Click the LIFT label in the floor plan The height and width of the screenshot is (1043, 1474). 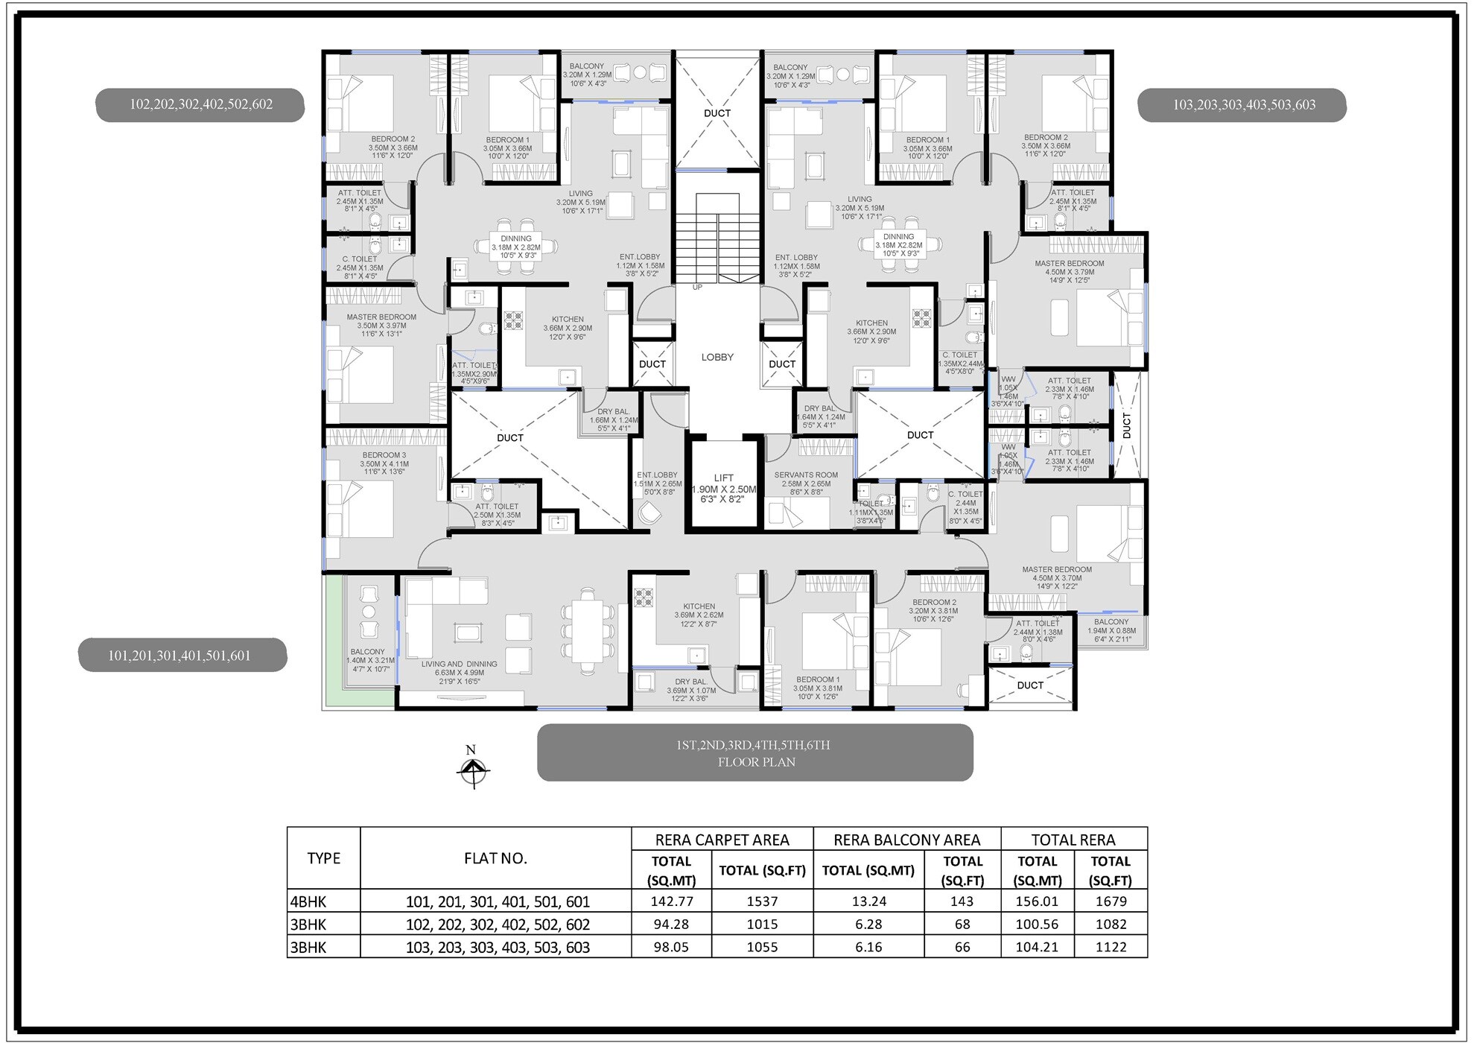pyautogui.click(x=723, y=478)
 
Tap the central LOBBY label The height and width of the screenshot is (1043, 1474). pyautogui.click(x=717, y=358)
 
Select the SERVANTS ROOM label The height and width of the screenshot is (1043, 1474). pyautogui.click(x=805, y=475)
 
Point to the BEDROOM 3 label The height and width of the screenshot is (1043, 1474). pyautogui.click(x=384, y=455)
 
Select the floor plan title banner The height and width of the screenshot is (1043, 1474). pyautogui.click(x=755, y=753)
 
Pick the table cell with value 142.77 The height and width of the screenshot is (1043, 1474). pyautogui.click(x=671, y=901)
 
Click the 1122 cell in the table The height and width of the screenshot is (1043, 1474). pyautogui.click(x=1110, y=948)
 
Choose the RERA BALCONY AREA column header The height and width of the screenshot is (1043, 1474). pyautogui.click(x=906, y=840)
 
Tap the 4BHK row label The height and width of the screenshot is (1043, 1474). pyautogui.click(x=309, y=901)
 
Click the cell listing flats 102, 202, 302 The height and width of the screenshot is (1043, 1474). pyautogui.click(x=497, y=925)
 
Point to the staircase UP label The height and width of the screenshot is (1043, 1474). pyautogui.click(x=697, y=288)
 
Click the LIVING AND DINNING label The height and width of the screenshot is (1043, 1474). pyautogui.click(x=459, y=665)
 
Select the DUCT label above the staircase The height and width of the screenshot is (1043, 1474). pyautogui.click(x=717, y=113)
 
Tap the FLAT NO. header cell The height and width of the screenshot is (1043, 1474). pyautogui.click(x=495, y=858)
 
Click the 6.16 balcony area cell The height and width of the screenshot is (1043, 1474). pyautogui.click(x=868, y=948)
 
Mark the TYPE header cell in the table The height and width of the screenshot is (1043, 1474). pyautogui.click(x=323, y=858)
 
